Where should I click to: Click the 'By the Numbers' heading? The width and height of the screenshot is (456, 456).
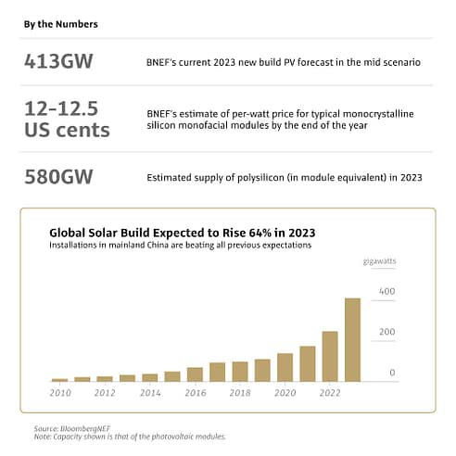click(60, 23)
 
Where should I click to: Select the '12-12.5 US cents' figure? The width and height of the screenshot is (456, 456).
click(67, 120)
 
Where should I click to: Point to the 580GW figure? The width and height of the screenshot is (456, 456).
click(64, 177)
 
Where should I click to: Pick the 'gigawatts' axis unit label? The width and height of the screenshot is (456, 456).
click(379, 262)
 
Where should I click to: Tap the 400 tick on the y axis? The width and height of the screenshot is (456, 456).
click(386, 291)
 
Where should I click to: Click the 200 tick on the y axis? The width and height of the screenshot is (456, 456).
click(386, 332)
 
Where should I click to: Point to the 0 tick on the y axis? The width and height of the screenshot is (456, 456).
click(392, 373)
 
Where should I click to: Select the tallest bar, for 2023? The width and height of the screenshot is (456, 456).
click(352, 339)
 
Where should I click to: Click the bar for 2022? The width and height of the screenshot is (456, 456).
click(330, 356)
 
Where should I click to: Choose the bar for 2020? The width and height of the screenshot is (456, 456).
click(285, 367)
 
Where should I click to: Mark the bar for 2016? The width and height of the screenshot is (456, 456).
click(195, 374)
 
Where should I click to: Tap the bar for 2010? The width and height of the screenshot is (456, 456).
click(59, 379)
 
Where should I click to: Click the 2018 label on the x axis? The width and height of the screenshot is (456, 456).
click(240, 393)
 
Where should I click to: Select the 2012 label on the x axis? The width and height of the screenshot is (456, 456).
click(105, 393)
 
